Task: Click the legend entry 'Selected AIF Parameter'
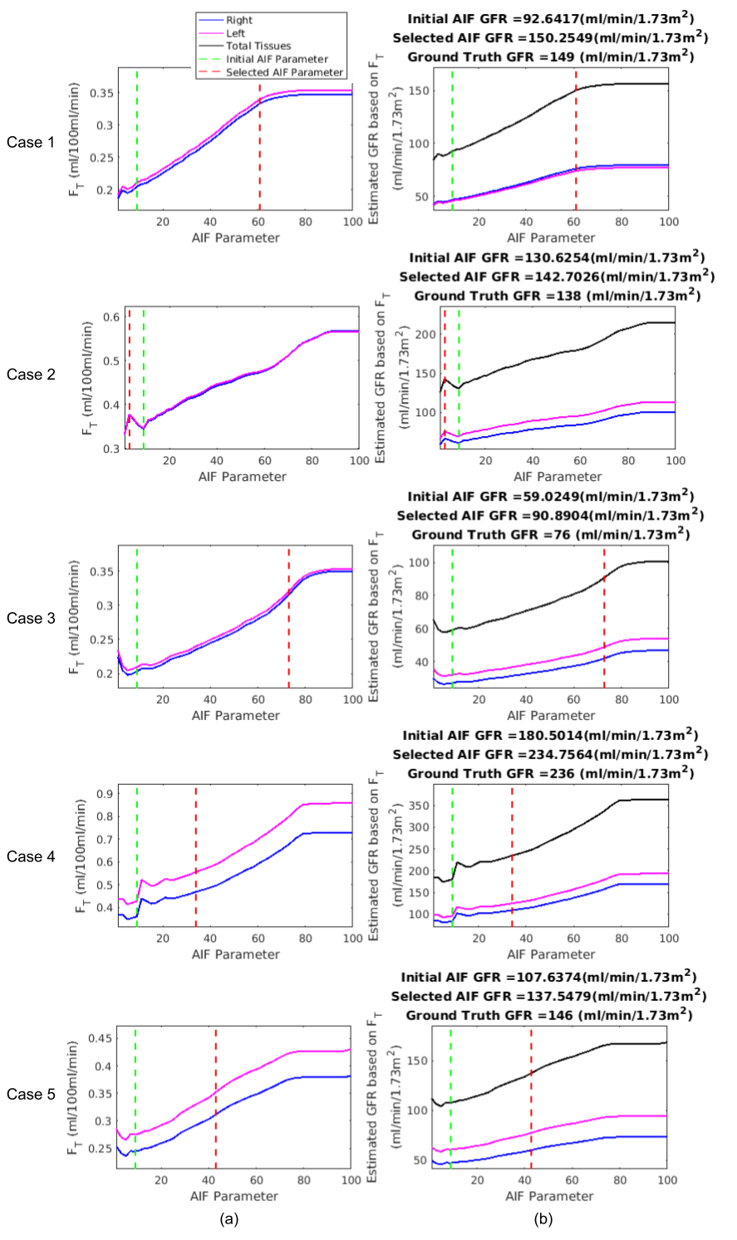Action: [284, 72]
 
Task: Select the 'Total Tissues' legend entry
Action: [258, 46]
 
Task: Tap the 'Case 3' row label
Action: [31, 618]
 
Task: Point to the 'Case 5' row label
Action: [31, 1095]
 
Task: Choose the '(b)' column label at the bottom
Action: [543, 1219]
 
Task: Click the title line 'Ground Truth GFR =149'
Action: [550, 57]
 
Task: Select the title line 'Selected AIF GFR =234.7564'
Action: [550, 754]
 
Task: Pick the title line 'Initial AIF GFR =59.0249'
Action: [550, 497]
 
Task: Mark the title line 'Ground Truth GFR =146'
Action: [550, 1015]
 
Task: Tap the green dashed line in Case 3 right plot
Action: [452, 615]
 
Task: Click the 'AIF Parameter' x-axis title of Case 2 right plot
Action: [558, 477]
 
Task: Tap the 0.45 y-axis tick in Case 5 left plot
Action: [101, 1038]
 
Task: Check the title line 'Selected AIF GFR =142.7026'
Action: [557, 277]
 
